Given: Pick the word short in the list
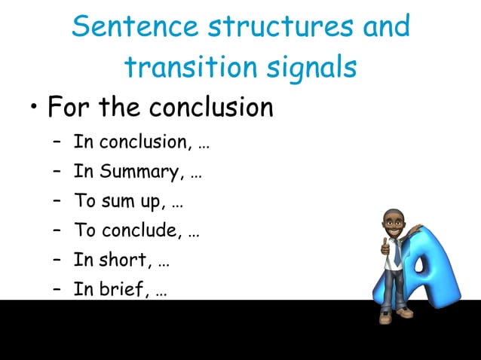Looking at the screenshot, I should pyautogui.click(x=126, y=260).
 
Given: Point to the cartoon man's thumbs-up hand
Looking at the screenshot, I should pyautogui.click(x=385, y=246).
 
